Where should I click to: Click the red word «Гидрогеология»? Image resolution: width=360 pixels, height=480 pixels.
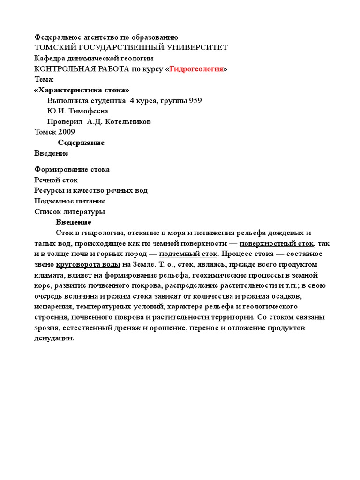196,69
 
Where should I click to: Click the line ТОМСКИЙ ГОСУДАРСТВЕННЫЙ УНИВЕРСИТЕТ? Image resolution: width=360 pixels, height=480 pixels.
131,48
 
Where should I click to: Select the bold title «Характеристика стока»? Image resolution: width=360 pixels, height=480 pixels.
82,90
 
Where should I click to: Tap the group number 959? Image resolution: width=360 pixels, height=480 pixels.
195,100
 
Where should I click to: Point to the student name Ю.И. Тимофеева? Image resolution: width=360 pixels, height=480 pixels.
77,111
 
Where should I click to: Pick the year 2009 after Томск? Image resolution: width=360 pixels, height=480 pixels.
67,132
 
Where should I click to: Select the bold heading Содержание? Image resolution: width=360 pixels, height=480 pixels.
81,142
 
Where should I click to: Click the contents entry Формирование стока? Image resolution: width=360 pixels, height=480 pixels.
72,169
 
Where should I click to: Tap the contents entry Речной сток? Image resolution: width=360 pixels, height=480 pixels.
56,180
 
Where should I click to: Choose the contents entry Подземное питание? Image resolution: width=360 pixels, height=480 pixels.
70,201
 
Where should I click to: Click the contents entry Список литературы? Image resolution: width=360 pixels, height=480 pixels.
70,211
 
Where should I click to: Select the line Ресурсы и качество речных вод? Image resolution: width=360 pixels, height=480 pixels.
91,190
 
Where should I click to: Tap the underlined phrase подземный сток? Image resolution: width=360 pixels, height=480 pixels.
188,254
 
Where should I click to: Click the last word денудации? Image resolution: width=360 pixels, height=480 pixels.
54,338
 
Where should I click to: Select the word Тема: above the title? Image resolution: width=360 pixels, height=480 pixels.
45,79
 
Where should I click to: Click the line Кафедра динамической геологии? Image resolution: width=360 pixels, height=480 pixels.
94,59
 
